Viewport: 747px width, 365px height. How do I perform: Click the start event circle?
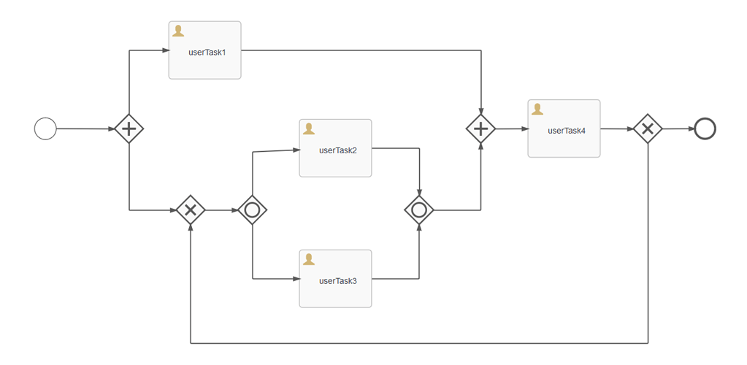(x=45, y=129)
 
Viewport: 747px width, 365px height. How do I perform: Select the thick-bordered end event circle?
(x=705, y=129)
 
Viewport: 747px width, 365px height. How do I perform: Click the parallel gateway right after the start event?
(x=129, y=129)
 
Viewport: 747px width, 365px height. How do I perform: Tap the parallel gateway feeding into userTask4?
(x=480, y=129)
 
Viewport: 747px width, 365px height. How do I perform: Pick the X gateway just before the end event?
(x=647, y=129)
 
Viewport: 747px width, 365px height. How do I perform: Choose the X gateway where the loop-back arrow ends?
(x=191, y=210)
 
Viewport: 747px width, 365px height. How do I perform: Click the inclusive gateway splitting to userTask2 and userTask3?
(x=252, y=210)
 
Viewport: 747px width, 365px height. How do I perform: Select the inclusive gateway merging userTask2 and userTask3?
(x=419, y=210)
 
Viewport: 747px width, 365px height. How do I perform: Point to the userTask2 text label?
(x=337, y=150)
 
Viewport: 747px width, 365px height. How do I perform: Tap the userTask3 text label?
(x=337, y=281)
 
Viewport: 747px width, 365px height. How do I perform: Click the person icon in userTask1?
(x=178, y=31)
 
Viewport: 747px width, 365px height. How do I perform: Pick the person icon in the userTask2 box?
(x=309, y=128)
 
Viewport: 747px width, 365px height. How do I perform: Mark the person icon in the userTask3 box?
(x=309, y=259)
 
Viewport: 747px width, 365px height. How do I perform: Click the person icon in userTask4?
(x=537, y=109)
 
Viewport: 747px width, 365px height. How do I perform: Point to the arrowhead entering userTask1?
(x=164, y=50)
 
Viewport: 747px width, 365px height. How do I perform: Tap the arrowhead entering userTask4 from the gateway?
(x=524, y=129)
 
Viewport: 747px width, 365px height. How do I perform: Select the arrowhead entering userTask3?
(x=295, y=279)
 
